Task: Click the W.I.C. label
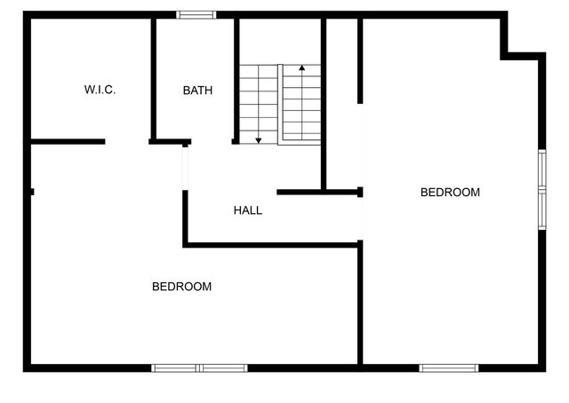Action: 100,90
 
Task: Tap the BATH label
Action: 197,90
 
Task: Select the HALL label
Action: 248,210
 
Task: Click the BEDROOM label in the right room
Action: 450,192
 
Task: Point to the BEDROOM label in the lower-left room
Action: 181,286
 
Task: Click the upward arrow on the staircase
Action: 302,69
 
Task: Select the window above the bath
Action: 196,14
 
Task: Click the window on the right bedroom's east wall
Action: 541,189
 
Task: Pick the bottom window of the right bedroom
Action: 449,367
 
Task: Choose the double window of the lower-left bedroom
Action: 199,367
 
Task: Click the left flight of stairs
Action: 258,104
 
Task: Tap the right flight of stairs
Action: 301,104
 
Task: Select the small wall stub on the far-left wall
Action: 31,191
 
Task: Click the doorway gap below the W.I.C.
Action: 127,141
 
